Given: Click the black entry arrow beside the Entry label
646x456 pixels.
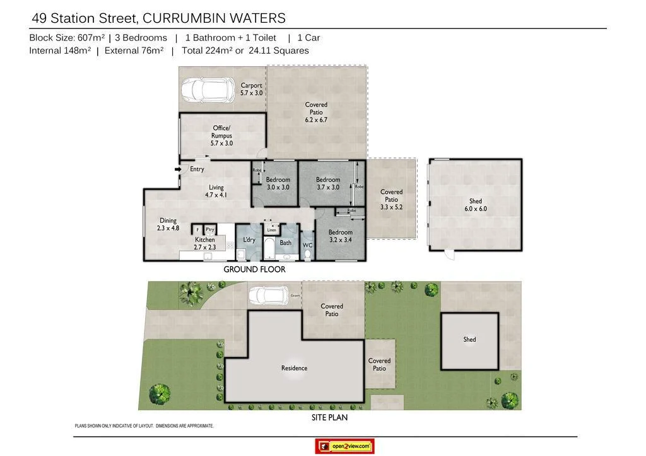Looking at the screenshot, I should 178,169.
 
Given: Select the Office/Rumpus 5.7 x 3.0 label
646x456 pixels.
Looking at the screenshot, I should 221,136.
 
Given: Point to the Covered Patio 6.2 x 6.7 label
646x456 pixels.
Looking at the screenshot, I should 316,112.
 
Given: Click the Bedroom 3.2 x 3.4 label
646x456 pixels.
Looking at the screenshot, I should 340,236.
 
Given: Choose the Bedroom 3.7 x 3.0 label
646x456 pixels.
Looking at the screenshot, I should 327,184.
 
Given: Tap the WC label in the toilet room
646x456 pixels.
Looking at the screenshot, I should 307,245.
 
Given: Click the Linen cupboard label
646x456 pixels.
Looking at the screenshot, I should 271,230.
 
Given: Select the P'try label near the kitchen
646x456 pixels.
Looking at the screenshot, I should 210,230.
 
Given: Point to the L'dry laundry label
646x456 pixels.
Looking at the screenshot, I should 249,240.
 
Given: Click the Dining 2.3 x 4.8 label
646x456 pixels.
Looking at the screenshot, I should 168,225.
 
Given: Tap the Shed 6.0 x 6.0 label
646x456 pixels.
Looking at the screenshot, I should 476,205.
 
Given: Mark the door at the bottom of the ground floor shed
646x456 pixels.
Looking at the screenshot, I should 449,254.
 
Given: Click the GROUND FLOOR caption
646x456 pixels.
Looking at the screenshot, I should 254,269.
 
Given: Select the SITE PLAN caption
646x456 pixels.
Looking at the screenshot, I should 329,418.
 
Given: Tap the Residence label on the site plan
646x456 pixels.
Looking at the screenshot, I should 294,368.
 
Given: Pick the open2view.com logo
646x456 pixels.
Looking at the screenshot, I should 344,447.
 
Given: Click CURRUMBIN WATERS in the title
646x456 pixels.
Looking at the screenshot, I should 214,18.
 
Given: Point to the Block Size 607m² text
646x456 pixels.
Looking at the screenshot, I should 67,38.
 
